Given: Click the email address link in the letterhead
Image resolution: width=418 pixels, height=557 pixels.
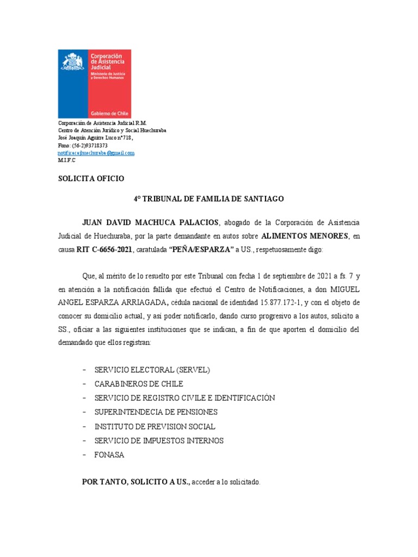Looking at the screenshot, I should click(x=96, y=153).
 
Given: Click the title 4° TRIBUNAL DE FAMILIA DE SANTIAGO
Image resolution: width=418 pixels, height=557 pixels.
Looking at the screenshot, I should click(x=209, y=199).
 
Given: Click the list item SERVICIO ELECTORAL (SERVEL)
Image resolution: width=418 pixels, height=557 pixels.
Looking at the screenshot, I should click(x=152, y=370).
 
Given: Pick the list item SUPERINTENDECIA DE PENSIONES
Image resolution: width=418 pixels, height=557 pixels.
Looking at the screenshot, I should click(x=156, y=412).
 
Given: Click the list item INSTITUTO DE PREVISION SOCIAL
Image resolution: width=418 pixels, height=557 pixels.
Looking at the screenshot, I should click(x=155, y=426).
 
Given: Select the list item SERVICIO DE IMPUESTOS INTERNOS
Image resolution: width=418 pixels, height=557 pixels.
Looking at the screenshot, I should click(x=159, y=441).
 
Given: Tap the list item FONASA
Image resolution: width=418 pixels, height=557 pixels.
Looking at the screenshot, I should click(x=109, y=455).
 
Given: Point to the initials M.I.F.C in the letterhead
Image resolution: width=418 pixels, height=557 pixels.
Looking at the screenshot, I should click(x=67, y=161).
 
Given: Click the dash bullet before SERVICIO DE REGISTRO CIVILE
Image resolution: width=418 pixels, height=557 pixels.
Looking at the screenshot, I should click(x=84, y=398).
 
